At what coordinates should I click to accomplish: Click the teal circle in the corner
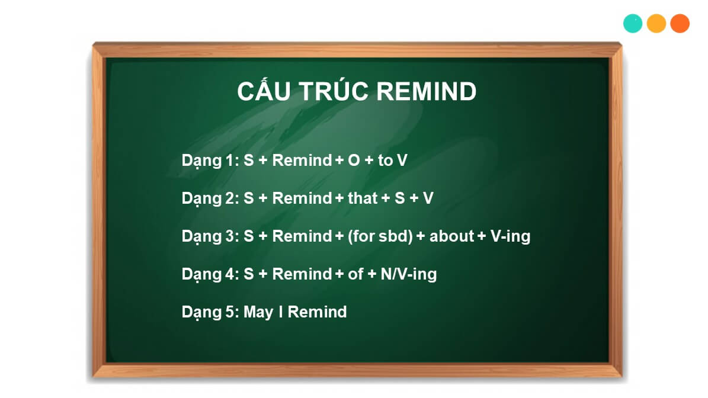(633, 24)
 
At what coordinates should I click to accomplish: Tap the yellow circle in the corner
(656, 24)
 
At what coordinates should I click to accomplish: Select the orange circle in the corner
(680, 24)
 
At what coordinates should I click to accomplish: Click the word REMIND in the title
(426, 92)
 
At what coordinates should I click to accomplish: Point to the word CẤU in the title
(264, 90)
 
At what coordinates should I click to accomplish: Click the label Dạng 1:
(210, 161)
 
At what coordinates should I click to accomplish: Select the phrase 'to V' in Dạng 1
(392, 160)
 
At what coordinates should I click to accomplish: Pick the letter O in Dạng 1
(354, 160)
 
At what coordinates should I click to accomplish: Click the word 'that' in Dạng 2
(363, 198)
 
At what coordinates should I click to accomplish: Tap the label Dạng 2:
(210, 198)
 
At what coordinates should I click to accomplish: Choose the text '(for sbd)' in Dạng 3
(380, 236)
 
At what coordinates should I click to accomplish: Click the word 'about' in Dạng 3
(451, 236)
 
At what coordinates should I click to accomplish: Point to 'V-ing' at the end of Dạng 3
(510, 236)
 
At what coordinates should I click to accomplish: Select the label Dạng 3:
(210, 236)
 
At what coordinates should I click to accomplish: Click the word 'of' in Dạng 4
(355, 274)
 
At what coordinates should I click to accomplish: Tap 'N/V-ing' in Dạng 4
(409, 274)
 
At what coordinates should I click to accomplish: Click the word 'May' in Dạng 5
(258, 312)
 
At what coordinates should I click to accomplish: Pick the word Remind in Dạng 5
(317, 312)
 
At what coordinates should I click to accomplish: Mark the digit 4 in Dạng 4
(230, 274)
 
